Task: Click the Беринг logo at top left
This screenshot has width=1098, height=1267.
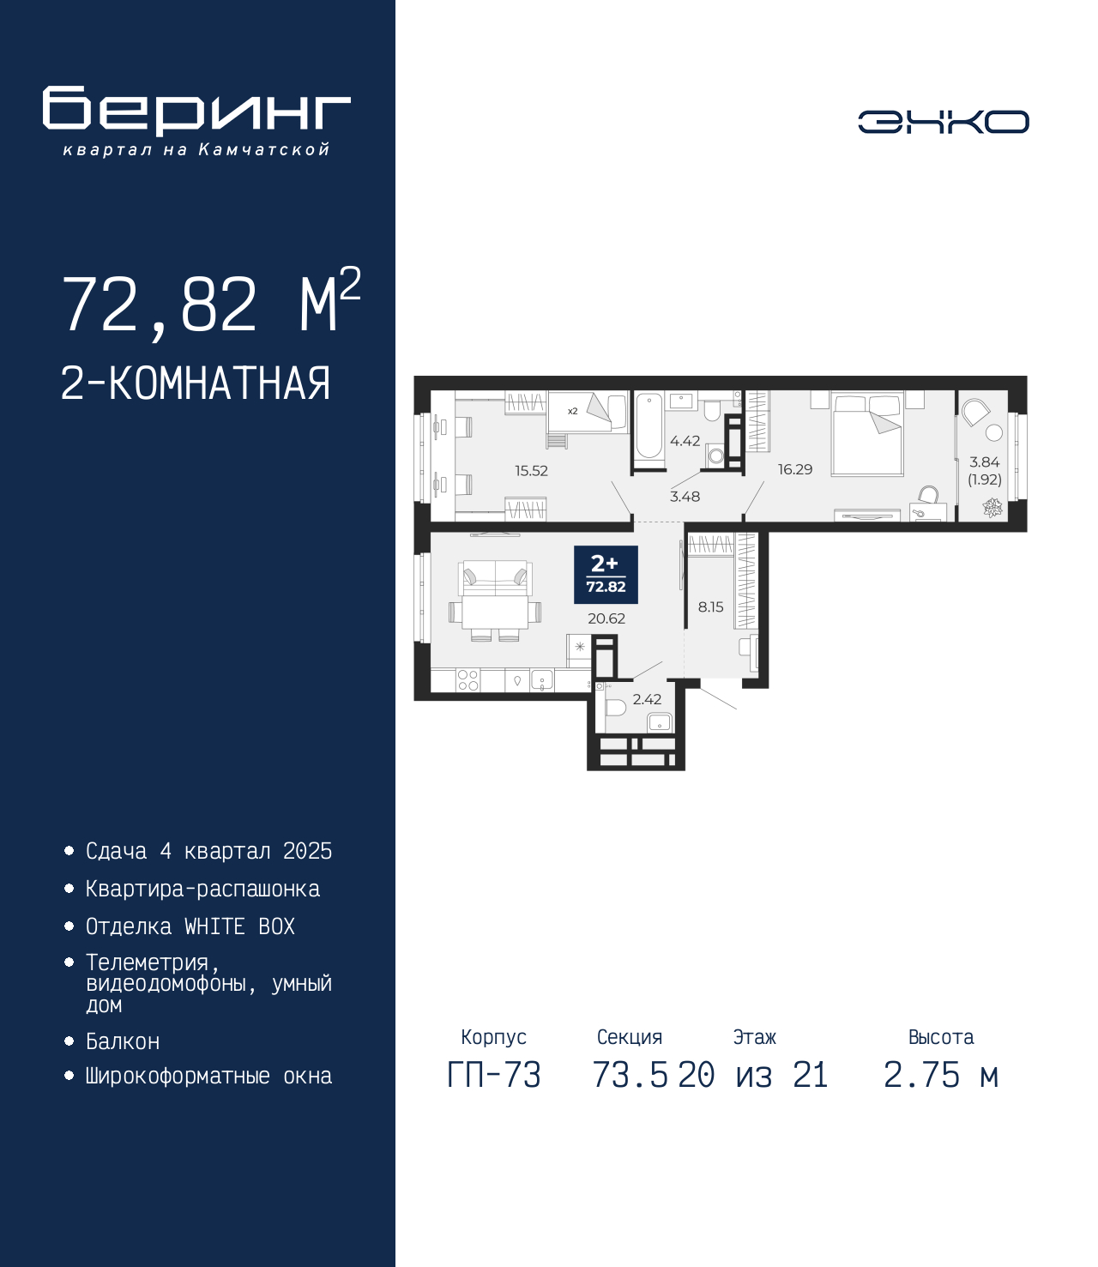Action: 196,121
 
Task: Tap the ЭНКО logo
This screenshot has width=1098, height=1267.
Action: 943,122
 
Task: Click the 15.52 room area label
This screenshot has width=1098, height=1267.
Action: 531,471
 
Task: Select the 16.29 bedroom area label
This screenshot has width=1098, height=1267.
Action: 795,469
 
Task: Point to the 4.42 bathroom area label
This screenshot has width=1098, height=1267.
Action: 685,441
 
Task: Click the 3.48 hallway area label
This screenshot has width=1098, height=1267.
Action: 685,497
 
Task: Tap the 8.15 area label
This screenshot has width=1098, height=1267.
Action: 710,606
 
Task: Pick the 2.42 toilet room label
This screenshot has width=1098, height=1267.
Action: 647,699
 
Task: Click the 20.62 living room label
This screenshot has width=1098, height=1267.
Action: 606,618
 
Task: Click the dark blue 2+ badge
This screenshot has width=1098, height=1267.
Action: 606,575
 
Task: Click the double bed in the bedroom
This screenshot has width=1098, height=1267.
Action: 867,435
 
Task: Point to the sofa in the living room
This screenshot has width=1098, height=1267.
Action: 495,577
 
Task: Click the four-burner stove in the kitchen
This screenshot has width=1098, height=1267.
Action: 468,680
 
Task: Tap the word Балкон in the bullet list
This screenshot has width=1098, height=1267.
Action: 123,1041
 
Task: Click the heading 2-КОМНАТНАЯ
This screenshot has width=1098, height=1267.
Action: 196,383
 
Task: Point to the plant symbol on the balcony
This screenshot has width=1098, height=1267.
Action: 992,508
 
